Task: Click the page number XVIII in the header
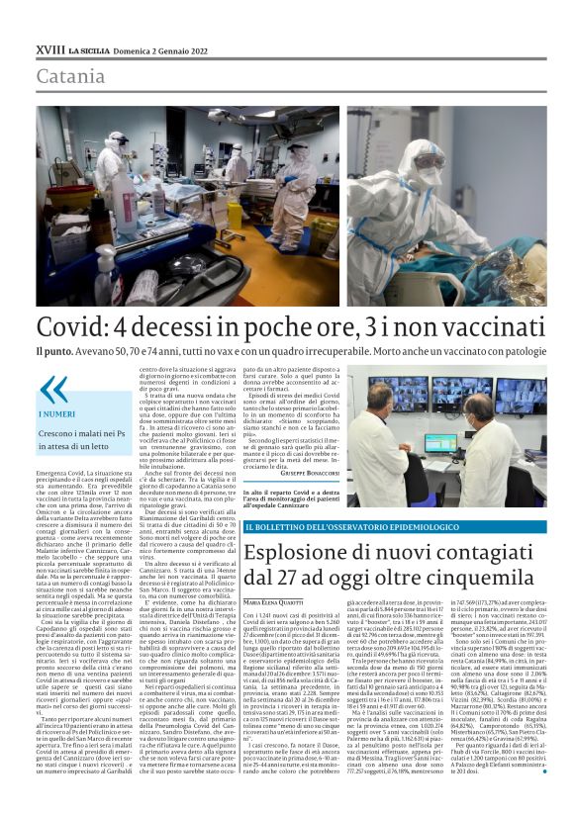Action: coord(48,48)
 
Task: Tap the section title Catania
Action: coord(70,76)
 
